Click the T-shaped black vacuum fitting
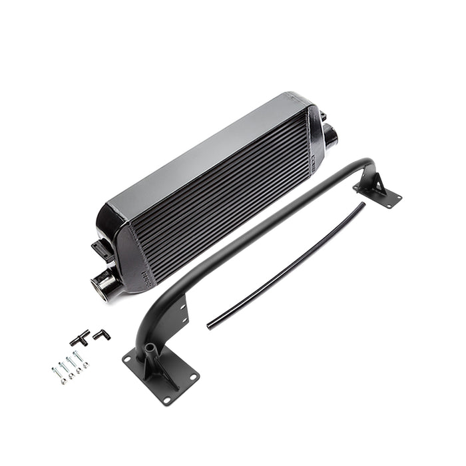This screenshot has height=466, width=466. pos(80,338)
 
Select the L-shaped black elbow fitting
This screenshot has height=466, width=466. pos(101,335)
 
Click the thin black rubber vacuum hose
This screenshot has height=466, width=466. pos(286,266)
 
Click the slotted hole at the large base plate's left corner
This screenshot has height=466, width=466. pos(126,360)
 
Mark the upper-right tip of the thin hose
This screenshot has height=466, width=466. pos(363,204)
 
